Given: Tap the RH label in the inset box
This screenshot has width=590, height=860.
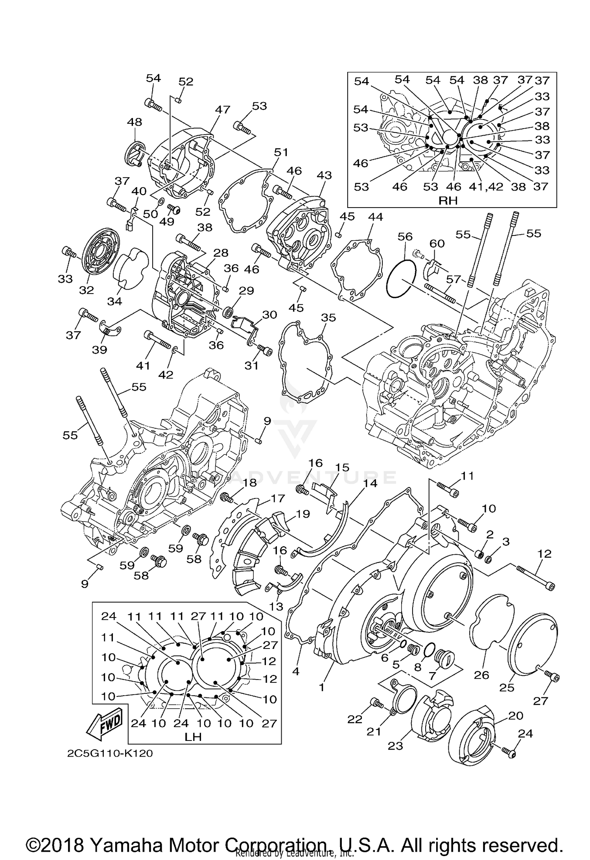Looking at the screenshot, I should [x=448, y=200].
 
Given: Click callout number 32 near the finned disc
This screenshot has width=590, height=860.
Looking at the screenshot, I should [x=86, y=290].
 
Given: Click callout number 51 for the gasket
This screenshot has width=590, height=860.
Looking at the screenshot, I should [x=281, y=152].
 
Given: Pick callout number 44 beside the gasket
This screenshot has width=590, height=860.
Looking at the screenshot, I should [x=375, y=217].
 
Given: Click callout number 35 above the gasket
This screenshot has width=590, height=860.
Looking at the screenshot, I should [x=328, y=317].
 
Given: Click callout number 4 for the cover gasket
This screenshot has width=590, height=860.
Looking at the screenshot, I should [x=296, y=671].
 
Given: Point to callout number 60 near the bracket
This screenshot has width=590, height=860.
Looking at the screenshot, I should [x=437, y=244].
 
